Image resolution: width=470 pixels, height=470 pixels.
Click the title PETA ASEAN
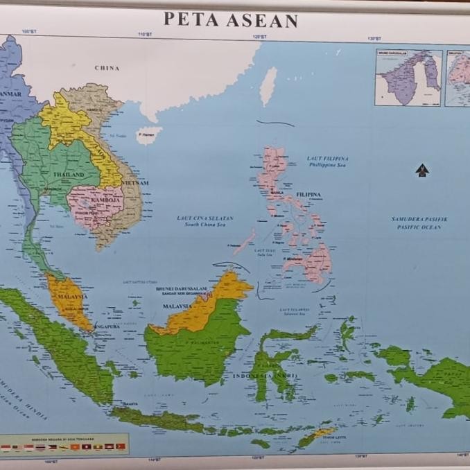coord(231,20)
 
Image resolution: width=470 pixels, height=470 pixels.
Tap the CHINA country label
coord(107,68)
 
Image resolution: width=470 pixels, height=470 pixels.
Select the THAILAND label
coord(68,175)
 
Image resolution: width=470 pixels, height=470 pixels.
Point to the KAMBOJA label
coord(106,200)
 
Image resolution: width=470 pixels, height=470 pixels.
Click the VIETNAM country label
coord(135,183)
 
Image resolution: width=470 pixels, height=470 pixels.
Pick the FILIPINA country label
coord(308,195)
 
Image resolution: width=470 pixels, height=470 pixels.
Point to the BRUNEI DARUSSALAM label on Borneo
coord(181,289)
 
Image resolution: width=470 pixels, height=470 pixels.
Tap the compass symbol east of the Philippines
coord(422,170)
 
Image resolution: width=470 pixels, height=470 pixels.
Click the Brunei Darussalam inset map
coord(408,78)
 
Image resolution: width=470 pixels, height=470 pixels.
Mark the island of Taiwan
coord(268,86)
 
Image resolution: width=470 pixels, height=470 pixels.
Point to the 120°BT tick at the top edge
coord(259,36)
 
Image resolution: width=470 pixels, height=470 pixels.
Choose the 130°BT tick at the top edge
coord(374,38)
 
